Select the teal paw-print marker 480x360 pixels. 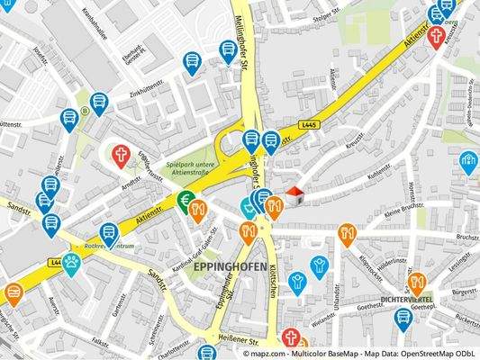pos(71,263)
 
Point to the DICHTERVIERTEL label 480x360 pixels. pos(408,297)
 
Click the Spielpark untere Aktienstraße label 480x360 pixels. pos(193,168)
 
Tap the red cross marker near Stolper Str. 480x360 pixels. pos(436,36)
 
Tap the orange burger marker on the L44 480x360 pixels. pos(14,293)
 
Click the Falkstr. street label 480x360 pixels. pos(100,345)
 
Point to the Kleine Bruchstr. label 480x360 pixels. pos(402,216)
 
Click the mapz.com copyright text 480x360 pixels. pos(359,354)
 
